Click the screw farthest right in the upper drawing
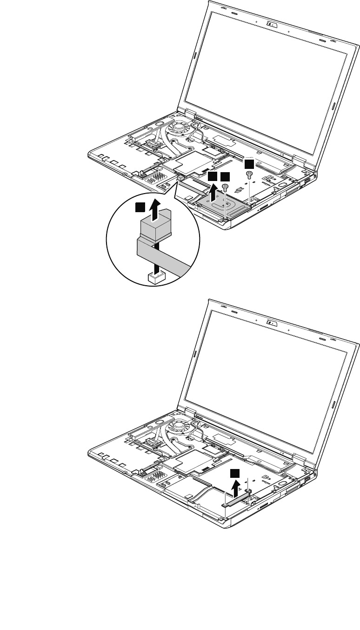(249, 174)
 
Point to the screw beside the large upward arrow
(225, 187)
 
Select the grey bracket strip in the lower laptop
(237, 499)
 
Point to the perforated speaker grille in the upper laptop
(154, 179)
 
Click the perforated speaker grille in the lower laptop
(154, 484)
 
